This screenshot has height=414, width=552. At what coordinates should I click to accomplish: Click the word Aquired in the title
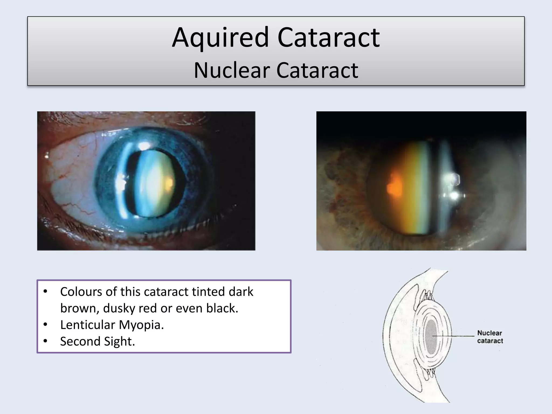(x=220, y=38)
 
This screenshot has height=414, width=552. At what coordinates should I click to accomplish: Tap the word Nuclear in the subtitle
(x=232, y=71)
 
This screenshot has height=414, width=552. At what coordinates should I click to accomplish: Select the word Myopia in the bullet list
(x=141, y=325)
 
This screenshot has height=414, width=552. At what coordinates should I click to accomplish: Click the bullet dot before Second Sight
(x=45, y=341)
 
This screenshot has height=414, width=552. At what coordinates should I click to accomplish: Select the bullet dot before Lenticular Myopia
(x=45, y=325)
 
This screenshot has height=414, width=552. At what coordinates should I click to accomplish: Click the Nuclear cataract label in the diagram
(x=490, y=337)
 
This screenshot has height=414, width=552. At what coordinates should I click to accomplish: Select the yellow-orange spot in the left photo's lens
(x=169, y=182)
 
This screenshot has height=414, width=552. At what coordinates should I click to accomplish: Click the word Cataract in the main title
(x=328, y=38)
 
